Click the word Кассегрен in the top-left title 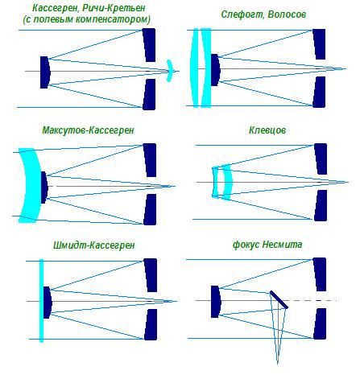(56, 8)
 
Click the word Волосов (287, 14)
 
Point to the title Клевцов (267, 130)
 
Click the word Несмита (283, 245)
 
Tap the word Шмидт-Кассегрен (94, 245)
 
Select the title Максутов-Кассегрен (89, 130)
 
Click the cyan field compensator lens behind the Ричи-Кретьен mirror (169, 71)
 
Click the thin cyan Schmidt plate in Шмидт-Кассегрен (41, 300)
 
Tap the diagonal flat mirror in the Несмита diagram (279, 299)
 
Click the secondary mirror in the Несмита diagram (216, 302)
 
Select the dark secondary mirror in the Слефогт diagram (216, 70)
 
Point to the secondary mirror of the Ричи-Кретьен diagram (45, 72)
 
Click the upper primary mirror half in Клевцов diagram (321, 159)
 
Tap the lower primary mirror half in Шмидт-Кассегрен (151, 324)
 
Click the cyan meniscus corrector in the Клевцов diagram (227, 182)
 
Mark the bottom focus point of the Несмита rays (278, 365)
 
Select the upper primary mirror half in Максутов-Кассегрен (150, 160)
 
